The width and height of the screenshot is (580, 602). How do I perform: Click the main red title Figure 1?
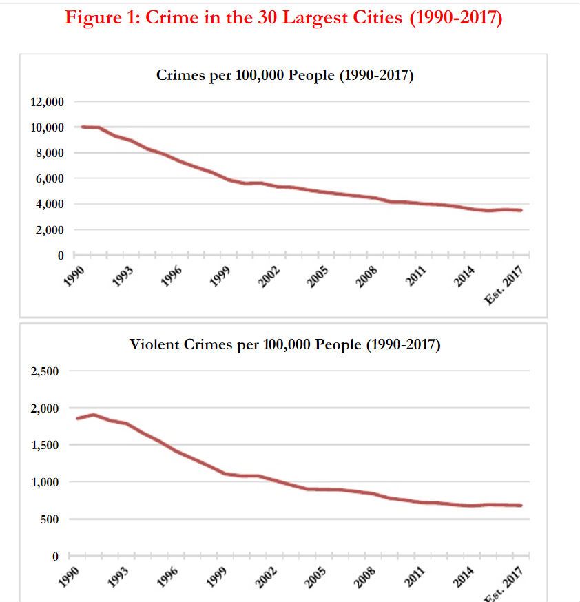(283, 17)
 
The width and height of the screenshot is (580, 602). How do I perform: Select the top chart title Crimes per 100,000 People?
(284, 76)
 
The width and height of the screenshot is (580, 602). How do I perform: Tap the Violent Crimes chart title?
(284, 344)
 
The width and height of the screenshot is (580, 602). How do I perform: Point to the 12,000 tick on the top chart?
(48, 102)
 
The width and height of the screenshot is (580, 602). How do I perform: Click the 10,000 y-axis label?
(48, 127)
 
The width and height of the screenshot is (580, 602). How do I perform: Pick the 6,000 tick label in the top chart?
(50, 178)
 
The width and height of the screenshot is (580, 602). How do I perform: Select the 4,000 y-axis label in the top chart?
(50, 204)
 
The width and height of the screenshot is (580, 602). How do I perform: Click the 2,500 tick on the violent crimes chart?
(45, 371)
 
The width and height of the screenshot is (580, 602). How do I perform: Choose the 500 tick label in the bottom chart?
(50, 519)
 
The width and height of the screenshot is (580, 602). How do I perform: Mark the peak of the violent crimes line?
(94, 415)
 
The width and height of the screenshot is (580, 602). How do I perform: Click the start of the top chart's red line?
(83, 127)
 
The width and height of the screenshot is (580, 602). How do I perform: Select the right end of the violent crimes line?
(521, 506)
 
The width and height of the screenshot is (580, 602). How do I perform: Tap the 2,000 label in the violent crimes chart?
(45, 408)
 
